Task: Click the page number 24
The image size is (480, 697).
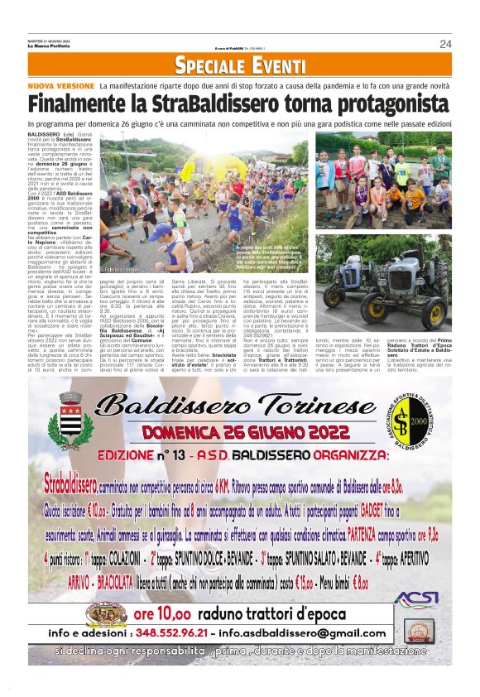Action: coord(445,44)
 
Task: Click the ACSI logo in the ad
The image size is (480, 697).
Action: coord(416,598)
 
